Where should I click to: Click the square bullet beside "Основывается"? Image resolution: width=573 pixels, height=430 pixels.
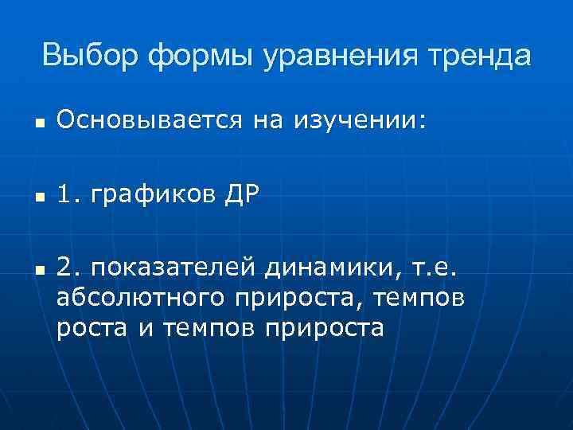point(38,123)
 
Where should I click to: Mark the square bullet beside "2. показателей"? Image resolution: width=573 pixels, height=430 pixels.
point(38,275)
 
